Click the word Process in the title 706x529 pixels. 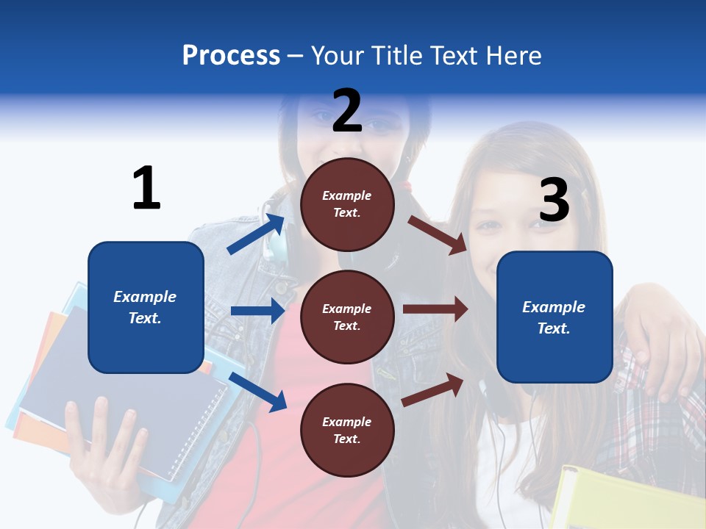pos(231,55)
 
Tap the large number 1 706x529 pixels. pos(146,188)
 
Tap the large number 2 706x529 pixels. pos(347,111)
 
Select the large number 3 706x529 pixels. pos(554,201)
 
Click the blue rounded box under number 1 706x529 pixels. pos(146,307)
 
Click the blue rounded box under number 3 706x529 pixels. pos(555,317)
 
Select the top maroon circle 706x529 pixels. pos(347,204)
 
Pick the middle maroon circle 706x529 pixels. pos(347,317)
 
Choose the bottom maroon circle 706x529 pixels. pos(347,430)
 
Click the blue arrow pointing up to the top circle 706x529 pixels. pos(256,234)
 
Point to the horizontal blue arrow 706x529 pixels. pos(257,311)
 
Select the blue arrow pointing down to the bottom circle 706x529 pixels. pos(257,391)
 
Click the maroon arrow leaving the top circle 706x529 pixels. pos(438,234)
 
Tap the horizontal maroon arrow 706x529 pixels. pos(435,309)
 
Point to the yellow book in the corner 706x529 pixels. pos(625,500)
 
